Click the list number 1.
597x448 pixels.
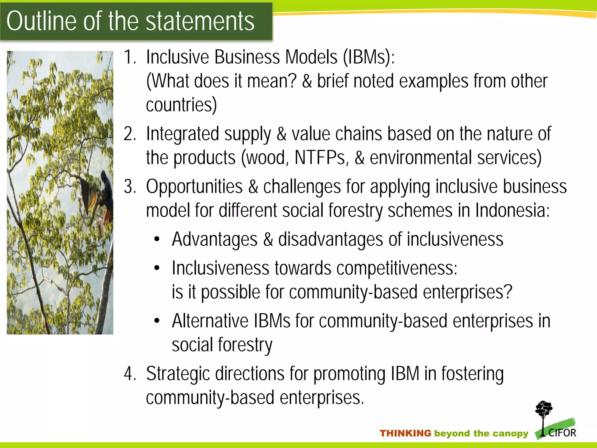[129, 57]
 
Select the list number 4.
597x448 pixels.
[129, 374]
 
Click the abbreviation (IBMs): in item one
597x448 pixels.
[368, 57]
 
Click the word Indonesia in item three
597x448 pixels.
[512, 210]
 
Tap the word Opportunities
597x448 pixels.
[194, 187]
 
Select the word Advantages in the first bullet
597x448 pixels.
[215, 239]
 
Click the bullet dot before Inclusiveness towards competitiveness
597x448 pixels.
[157, 268]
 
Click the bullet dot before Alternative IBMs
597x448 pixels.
[157, 321]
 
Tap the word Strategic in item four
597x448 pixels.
[178, 374]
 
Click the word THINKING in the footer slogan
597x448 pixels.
[405, 433]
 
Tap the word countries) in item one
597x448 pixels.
[181, 105]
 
